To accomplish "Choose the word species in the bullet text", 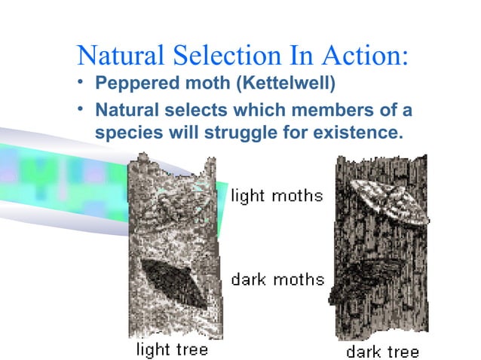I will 124,133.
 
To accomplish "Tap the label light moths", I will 277,197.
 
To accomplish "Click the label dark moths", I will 277,280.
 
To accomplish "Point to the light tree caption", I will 171,349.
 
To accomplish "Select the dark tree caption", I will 382,351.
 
